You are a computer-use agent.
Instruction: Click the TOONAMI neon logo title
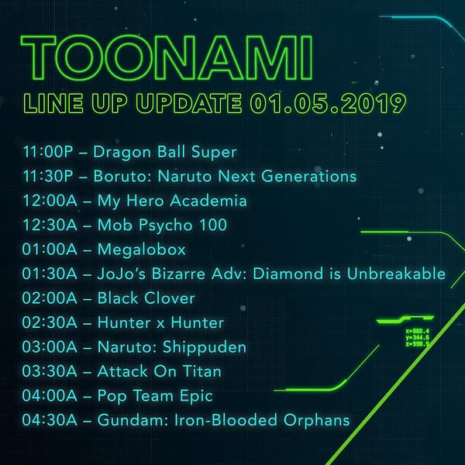pyautogui.click(x=167, y=57)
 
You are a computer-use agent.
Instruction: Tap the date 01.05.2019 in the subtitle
pyautogui.click(x=328, y=103)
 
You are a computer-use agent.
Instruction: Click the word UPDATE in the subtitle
pyautogui.click(x=189, y=103)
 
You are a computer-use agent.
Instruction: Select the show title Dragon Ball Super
pyautogui.click(x=165, y=152)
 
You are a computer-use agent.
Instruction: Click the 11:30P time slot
pyautogui.click(x=48, y=176)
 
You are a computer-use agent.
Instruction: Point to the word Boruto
pyautogui.click(x=122, y=176)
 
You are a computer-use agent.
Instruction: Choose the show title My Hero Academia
pyautogui.click(x=172, y=201)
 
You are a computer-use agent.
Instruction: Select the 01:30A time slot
pyautogui.click(x=50, y=274)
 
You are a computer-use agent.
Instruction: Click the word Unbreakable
pyautogui.click(x=396, y=274)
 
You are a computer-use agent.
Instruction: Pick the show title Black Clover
pyautogui.click(x=146, y=298)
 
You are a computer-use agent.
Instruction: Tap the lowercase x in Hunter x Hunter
pyautogui.click(x=160, y=323)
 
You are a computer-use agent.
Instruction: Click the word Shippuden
pyautogui.click(x=205, y=347)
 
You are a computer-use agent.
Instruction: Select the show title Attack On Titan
pyautogui.click(x=159, y=371)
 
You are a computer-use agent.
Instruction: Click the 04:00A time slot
pyautogui.click(x=50, y=395)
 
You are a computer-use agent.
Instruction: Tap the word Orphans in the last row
pyautogui.click(x=316, y=421)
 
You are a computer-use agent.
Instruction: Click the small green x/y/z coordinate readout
pyautogui.click(x=417, y=338)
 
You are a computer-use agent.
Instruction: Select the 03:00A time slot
pyautogui.click(x=50, y=347)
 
